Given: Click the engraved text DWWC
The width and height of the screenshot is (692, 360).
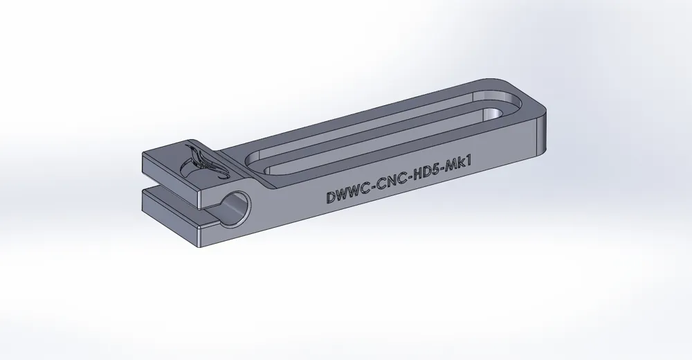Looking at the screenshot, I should point(348,195).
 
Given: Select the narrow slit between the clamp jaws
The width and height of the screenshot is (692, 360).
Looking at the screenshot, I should point(173,188).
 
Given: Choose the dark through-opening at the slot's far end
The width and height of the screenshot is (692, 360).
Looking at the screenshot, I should point(495,112).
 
